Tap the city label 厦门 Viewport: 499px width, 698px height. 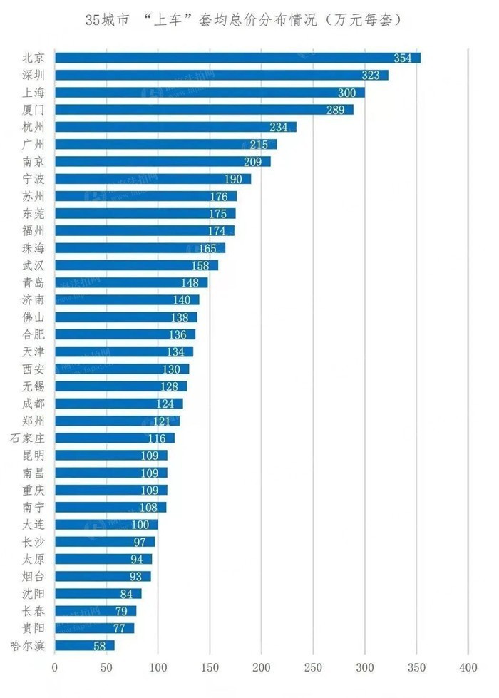(x=34, y=110)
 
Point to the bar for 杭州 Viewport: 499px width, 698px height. (x=175, y=127)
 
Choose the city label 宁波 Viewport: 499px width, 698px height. (x=34, y=179)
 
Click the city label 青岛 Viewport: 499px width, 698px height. (x=34, y=283)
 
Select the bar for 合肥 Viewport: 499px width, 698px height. (x=125, y=334)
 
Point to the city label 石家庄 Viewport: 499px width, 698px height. (x=29, y=438)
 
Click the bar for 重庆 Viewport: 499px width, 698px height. (x=111, y=490)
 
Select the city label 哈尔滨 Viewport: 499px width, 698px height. (x=29, y=646)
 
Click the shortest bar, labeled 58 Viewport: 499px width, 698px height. (x=84, y=645)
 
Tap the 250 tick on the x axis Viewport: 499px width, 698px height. (x=313, y=668)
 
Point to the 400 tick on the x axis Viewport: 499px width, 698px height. (x=468, y=668)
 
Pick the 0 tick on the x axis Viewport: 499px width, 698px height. (x=55, y=668)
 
